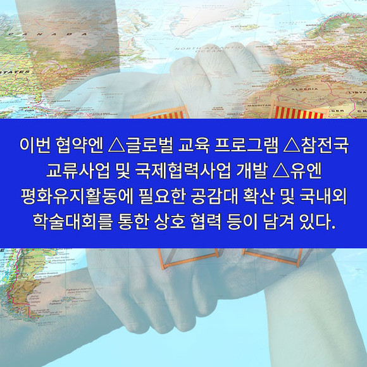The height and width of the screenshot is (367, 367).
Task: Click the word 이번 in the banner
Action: pos(35,146)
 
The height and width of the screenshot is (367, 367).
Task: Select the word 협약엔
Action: pos(80,146)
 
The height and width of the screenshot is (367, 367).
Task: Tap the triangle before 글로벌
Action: pos(117,146)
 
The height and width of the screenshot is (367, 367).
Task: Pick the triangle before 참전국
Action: pos(292,146)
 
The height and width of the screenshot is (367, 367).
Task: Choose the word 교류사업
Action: pos(78,171)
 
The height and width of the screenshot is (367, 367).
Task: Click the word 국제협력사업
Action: pos(183,171)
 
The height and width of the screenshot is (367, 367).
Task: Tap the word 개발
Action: pos(252,171)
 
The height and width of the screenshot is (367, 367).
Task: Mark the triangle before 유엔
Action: pos(282,171)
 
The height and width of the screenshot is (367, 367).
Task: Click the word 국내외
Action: pos(323,196)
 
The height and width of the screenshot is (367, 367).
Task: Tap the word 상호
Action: pos(170,221)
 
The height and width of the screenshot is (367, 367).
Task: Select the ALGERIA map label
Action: pos(304,89)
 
